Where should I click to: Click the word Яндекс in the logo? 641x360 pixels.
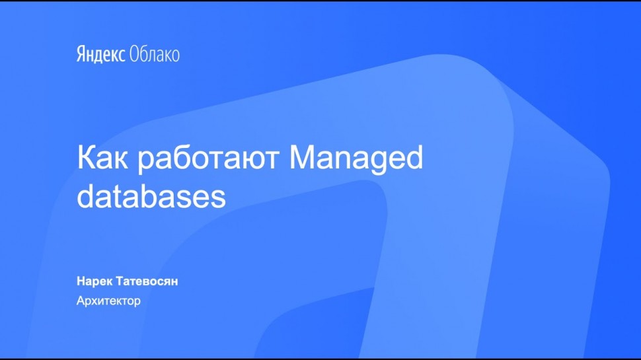100,55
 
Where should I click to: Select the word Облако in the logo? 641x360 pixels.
154,54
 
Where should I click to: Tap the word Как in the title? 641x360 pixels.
102,157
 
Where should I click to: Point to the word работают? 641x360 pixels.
208,159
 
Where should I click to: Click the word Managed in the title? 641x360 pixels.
356,159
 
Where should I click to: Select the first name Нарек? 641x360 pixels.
94,281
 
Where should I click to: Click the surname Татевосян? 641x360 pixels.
147,281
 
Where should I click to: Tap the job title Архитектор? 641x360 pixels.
108,301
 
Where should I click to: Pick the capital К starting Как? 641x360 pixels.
87,157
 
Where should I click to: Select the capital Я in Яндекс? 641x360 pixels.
81,54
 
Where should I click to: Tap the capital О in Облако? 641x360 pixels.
134,54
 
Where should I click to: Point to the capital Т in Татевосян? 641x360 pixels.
120,281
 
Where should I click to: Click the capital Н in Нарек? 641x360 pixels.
81,281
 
